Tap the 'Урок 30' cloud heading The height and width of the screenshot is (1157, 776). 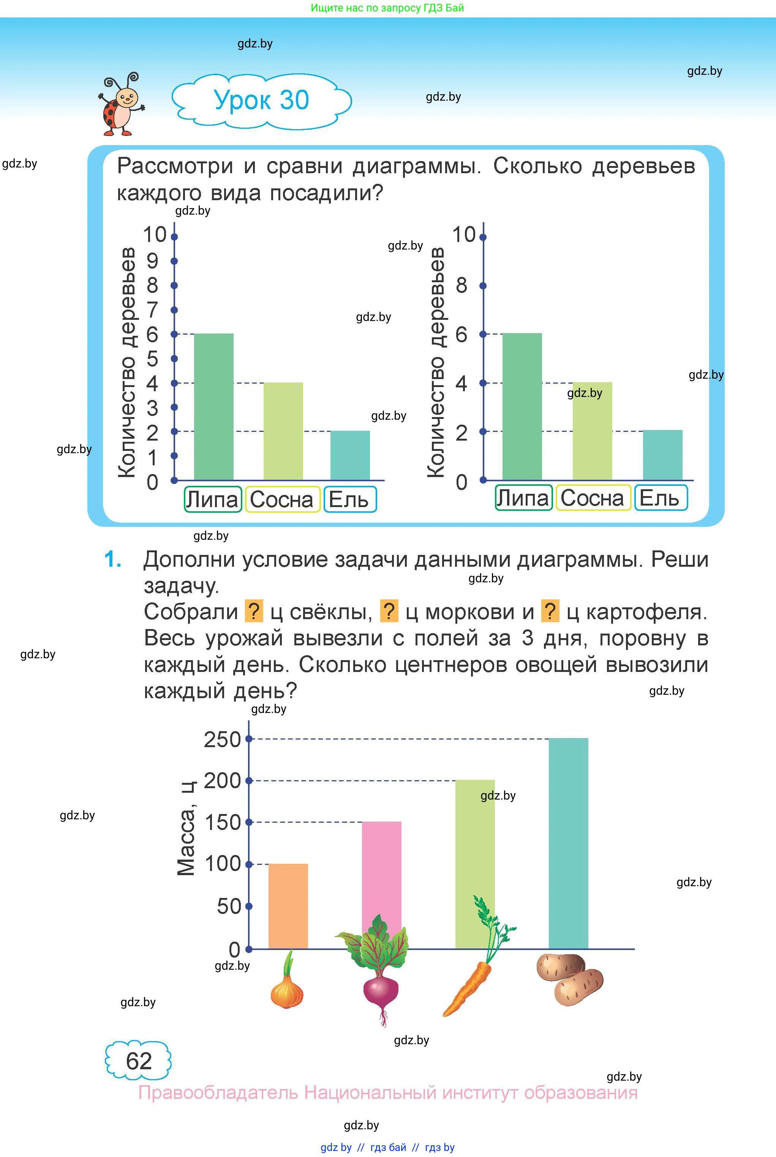click(261, 100)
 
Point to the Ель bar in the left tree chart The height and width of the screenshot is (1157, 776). click(350, 455)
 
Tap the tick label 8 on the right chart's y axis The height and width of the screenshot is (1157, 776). click(461, 286)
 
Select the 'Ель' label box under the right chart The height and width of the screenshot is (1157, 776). click(660, 498)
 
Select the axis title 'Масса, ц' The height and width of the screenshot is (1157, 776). click(186, 828)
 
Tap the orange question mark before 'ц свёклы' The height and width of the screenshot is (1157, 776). click(254, 611)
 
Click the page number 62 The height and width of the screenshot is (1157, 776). click(139, 1061)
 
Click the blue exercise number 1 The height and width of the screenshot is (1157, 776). click(113, 560)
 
